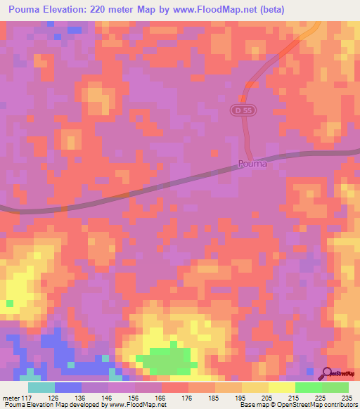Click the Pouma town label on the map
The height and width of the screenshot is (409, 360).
coord(252,164)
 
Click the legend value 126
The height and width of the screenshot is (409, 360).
coord(68,397)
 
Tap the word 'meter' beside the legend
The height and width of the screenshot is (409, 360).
coord(13,397)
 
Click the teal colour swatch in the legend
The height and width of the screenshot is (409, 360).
coord(41,387)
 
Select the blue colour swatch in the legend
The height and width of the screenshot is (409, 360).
coord(68,387)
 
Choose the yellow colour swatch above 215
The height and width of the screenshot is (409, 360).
coord(282,387)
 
